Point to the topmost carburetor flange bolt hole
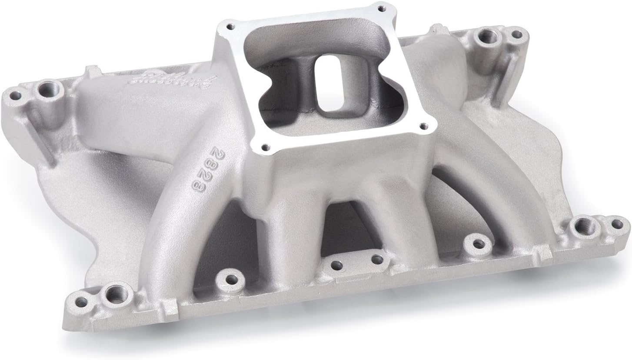coord(382,8)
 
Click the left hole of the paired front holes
coord(337,264)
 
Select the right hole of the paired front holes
coord(377,260)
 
